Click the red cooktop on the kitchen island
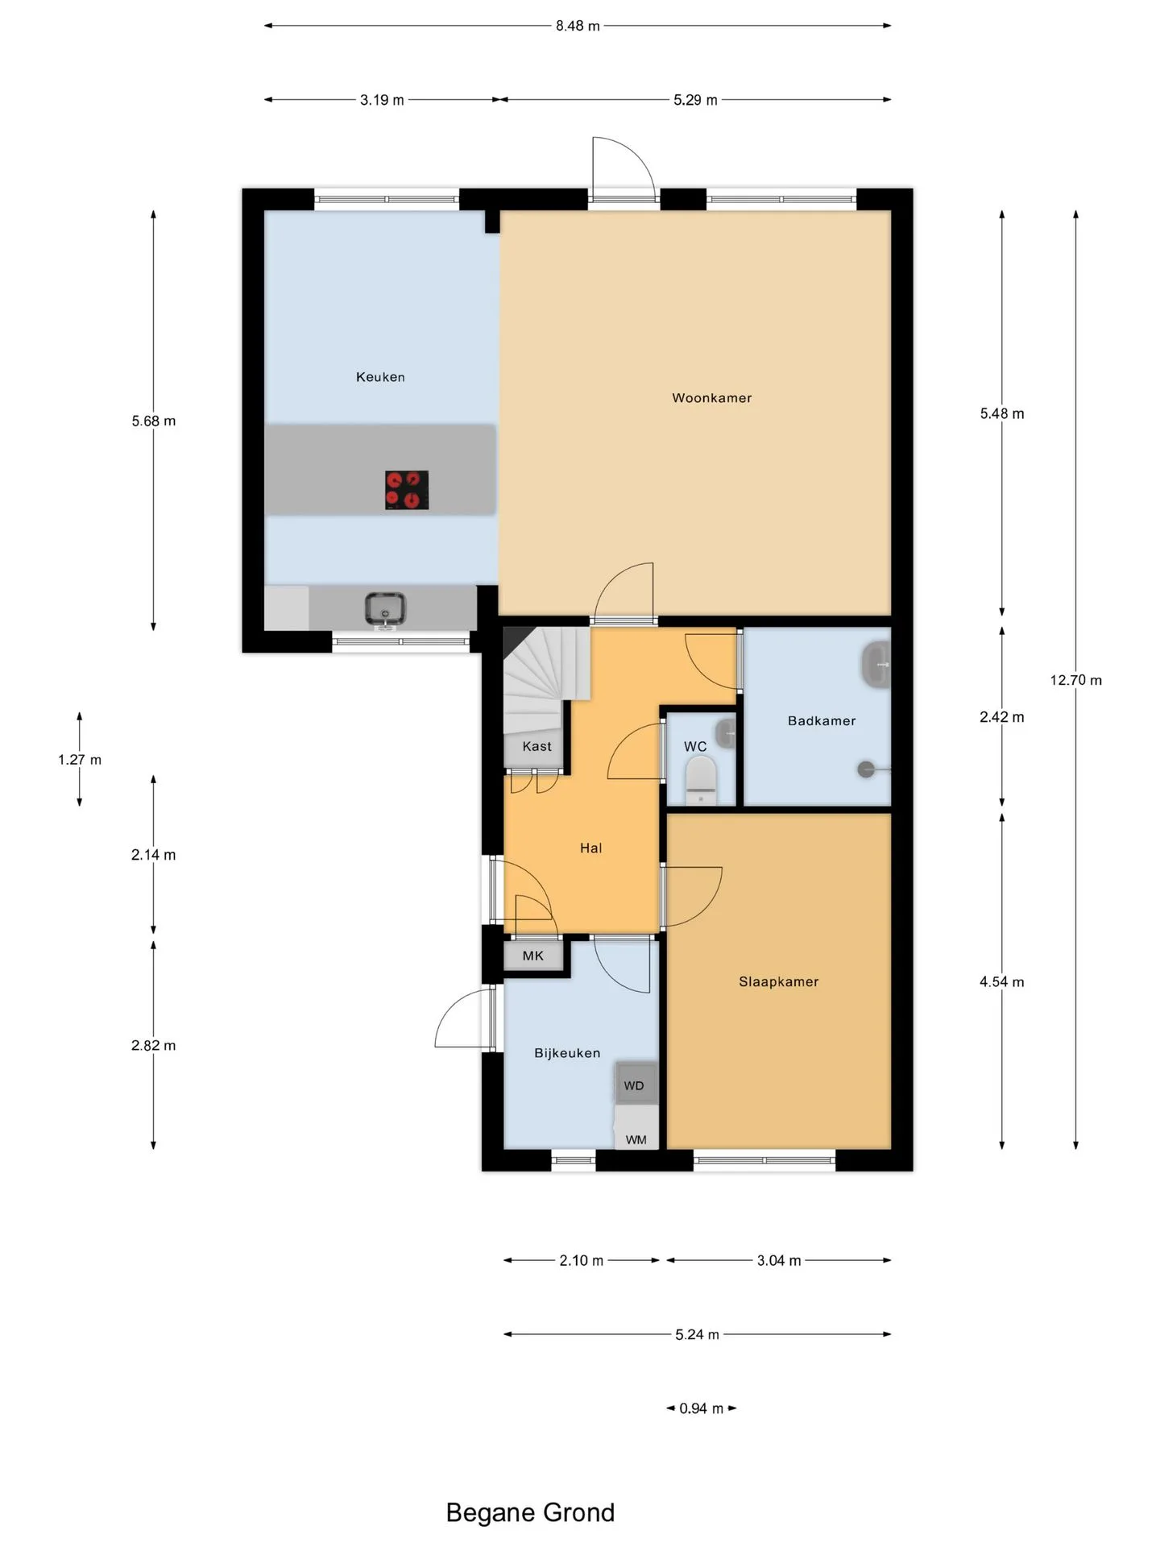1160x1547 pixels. point(407,490)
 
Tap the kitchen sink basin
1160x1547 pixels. point(385,608)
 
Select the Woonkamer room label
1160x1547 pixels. point(712,397)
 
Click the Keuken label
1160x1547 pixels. point(380,376)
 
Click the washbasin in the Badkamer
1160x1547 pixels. point(876,665)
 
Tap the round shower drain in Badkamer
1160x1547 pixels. point(866,769)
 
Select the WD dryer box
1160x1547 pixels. point(636,1084)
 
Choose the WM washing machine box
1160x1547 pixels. point(636,1127)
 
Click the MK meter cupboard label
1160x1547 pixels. point(533,956)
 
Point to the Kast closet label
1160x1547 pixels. point(537,746)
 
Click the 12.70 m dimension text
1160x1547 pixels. point(1076,680)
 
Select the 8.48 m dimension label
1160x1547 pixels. point(578,26)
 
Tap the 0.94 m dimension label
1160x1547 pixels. point(701,1408)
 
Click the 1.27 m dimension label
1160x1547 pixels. point(80,759)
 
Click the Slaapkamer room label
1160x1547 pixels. point(779,981)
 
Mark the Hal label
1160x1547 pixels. point(591,848)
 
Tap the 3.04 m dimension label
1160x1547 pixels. point(779,1260)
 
